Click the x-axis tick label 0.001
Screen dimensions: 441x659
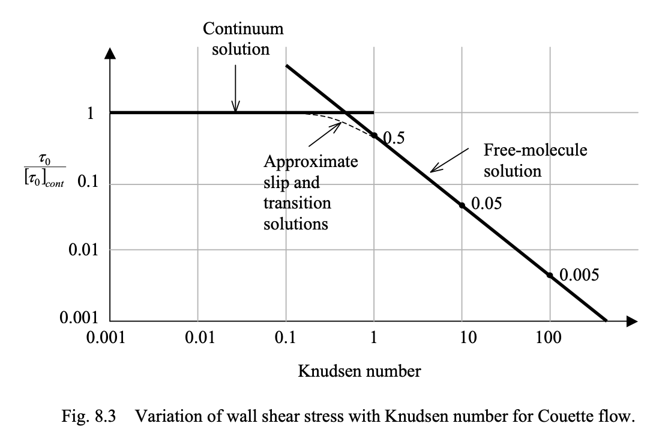(109, 338)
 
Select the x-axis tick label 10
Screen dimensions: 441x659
(462, 338)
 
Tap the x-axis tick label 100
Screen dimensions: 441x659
(549, 338)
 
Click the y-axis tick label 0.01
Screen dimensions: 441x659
(83, 249)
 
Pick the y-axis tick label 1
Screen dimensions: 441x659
(91, 113)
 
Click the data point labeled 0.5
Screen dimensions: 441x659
(374, 135)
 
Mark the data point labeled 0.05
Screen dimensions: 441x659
(462, 205)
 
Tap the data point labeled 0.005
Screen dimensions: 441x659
(549, 275)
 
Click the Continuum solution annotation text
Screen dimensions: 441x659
(235, 38)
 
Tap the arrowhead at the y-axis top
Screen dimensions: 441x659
(109, 52)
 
